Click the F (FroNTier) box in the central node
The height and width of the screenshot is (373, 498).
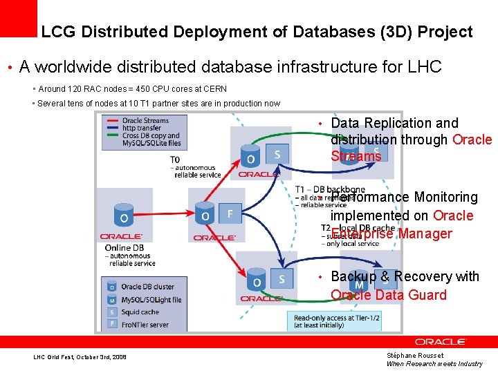pyautogui.click(x=230, y=213)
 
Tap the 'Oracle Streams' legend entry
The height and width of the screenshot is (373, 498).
pyautogui.click(x=145, y=121)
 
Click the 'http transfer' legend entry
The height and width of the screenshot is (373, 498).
pyautogui.click(x=142, y=128)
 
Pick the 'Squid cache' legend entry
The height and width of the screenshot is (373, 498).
pyautogui.click(x=140, y=312)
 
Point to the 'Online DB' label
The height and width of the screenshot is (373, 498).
pyautogui.click(x=124, y=248)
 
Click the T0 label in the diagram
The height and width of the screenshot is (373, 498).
pyautogui.click(x=176, y=159)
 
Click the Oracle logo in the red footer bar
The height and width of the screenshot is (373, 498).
pyautogui.click(x=440, y=342)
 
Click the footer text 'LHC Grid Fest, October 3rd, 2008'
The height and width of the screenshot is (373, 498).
pyautogui.click(x=80, y=357)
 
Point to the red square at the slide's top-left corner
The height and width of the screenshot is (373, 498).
pyautogui.click(x=19, y=17)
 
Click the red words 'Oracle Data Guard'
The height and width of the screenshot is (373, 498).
pyautogui.click(x=389, y=295)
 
